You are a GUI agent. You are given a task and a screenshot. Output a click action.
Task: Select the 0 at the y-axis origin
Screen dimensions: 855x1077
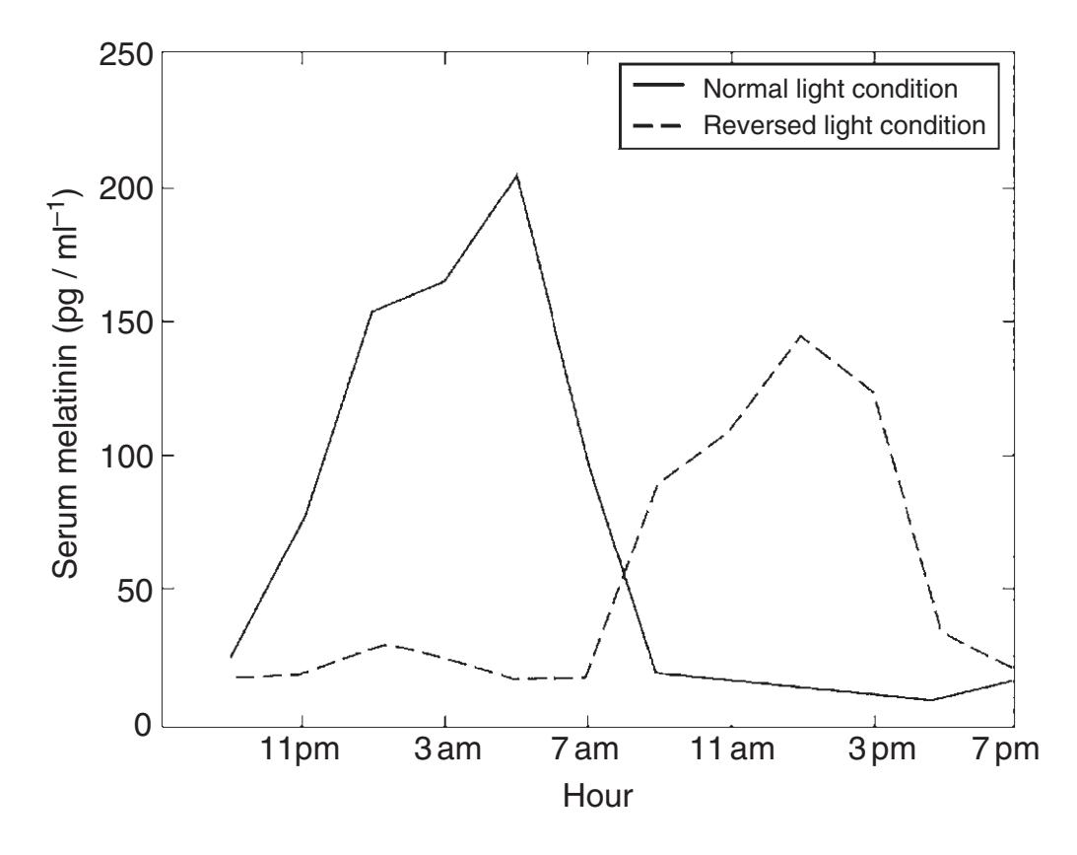click(x=145, y=724)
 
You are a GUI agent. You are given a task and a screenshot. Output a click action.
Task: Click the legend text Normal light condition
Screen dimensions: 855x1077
click(x=830, y=89)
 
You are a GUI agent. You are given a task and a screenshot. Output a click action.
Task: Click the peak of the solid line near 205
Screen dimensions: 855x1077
click(x=516, y=176)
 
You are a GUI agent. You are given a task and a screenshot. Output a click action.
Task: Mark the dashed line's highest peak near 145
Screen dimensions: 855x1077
click(x=800, y=335)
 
